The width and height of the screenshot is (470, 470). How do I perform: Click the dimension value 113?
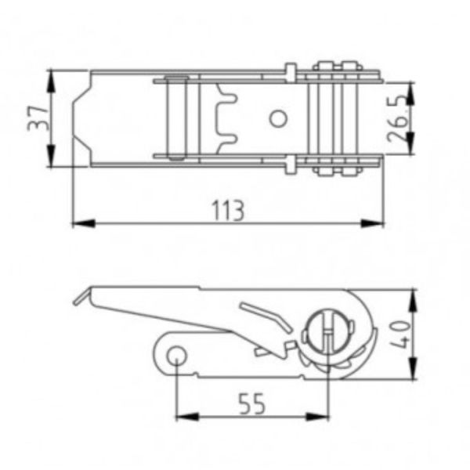click(x=229, y=210)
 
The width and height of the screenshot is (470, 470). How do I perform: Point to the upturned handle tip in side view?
click(x=78, y=298)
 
